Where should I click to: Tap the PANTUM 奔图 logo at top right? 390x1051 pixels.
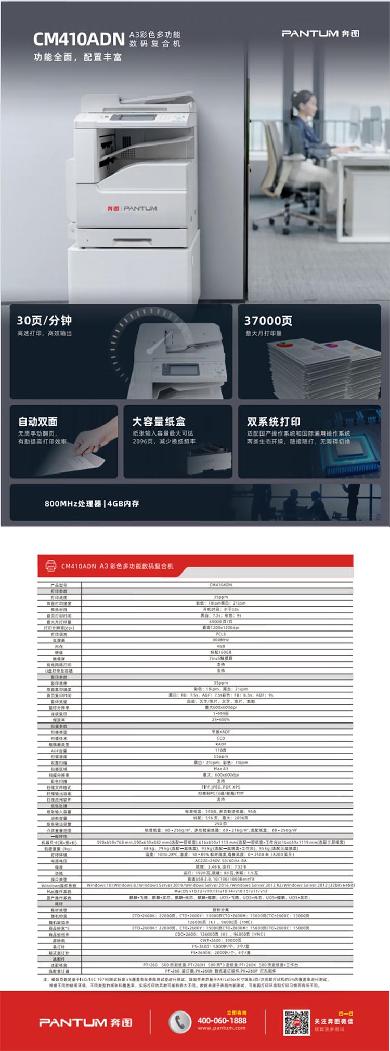[x=320, y=34]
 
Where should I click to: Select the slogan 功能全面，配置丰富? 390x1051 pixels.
[x=77, y=57]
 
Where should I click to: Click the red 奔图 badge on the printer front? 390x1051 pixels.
[x=113, y=208]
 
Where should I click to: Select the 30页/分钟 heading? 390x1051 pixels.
[x=44, y=320]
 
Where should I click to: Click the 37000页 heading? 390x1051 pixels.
[x=268, y=321]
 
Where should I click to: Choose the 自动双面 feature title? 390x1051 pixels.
[x=38, y=422]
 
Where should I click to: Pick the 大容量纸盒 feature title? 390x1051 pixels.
[x=159, y=422]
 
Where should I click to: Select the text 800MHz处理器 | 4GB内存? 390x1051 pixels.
[x=92, y=503]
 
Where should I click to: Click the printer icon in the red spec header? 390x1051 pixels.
[x=50, y=566]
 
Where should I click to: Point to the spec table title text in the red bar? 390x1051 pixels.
[x=117, y=566]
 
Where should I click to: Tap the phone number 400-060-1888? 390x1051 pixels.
[x=222, y=1020]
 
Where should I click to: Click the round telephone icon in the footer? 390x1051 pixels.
[x=180, y=1021]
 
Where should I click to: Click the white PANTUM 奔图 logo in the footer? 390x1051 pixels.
[x=86, y=1022]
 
